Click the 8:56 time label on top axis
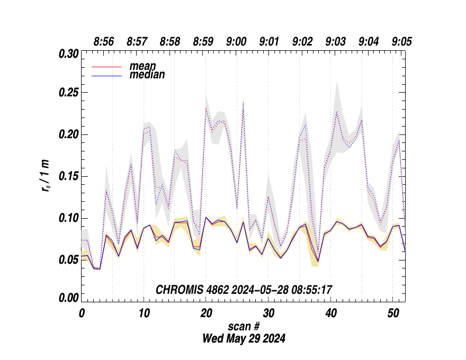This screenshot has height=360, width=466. click(x=104, y=42)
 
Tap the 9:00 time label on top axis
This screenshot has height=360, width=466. click(x=236, y=42)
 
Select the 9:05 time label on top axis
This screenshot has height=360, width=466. click(x=402, y=42)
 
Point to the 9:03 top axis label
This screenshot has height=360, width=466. click(x=336, y=42)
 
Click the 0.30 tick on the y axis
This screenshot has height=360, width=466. click(x=68, y=54)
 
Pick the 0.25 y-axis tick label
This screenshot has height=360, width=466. click(x=68, y=93)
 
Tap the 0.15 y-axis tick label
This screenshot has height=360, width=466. click(x=68, y=176)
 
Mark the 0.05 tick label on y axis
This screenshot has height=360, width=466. click(x=68, y=259)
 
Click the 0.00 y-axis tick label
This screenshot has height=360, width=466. click(x=68, y=298)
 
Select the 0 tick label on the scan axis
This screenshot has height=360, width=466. click(x=82, y=313)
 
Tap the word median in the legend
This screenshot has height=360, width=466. click(x=147, y=75)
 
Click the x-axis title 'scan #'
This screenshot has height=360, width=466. click(x=244, y=326)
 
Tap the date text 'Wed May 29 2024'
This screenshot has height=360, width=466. click(x=244, y=338)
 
